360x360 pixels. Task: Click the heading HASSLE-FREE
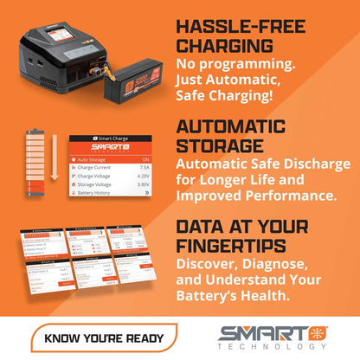[x=247, y=22]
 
